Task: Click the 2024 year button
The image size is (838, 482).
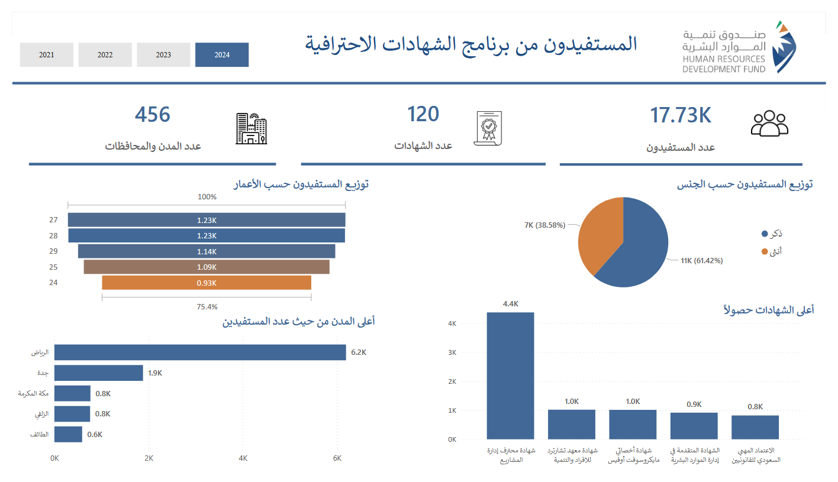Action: click(222, 55)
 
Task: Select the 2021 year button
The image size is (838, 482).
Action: click(47, 55)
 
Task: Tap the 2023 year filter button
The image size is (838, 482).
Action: click(163, 55)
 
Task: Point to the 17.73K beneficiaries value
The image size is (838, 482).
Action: click(680, 116)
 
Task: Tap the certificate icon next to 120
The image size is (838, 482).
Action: click(488, 128)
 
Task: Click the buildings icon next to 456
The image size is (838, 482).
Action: click(251, 128)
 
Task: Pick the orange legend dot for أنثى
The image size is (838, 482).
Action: click(765, 252)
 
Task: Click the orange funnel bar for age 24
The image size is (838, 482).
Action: click(207, 283)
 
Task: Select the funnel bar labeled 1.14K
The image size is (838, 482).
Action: click(207, 251)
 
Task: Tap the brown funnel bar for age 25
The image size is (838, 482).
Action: click(207, 267)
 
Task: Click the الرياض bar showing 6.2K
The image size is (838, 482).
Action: click(200, 352)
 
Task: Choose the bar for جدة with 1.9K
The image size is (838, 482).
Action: click(99, 373)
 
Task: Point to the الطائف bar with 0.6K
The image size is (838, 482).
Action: click(68, 434)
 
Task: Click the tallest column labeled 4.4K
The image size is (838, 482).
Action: click(510, 376)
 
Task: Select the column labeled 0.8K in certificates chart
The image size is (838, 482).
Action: click(755, 427)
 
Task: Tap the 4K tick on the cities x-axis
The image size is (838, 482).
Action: click(243, 458)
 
